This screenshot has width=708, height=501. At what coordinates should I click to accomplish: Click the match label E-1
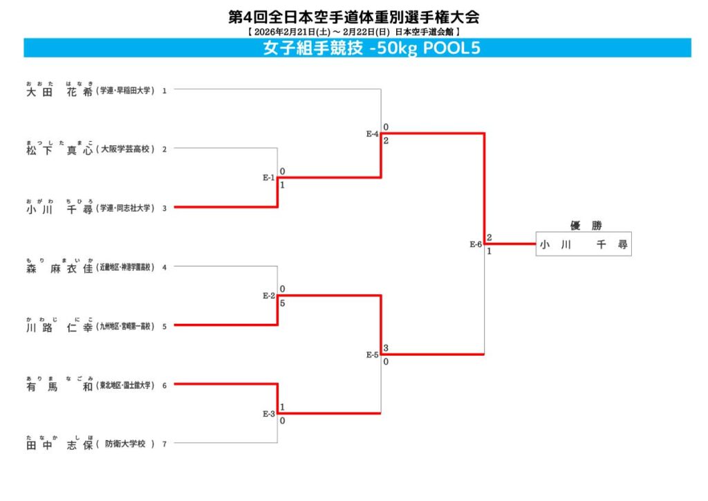coord(268,178)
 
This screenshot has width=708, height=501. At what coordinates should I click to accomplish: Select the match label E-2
coord(268,295)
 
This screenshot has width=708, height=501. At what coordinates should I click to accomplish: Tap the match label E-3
coord(268,414)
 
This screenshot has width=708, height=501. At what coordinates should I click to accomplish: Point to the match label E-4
coord(372,134)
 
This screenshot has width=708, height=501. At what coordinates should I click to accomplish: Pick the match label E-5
coord(372,355)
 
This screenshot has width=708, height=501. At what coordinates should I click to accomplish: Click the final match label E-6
coord(476,244)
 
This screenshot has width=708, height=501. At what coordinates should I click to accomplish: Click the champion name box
coord(583,244)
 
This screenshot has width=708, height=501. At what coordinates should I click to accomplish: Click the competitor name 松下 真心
coord(59,149)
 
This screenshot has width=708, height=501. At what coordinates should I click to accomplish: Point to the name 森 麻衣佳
coord(59,268)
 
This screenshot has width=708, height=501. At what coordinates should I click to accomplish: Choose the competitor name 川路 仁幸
coord(59,327)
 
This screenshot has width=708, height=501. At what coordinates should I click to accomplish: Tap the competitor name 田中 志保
coord(59,444)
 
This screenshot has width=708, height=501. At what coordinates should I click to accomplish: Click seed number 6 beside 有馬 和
coord(165,385)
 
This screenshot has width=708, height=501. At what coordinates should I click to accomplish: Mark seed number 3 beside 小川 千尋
coord(165,208)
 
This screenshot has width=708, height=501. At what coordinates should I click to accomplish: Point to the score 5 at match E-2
coord(283,302)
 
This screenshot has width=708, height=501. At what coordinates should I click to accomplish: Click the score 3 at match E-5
coord(386,347)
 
